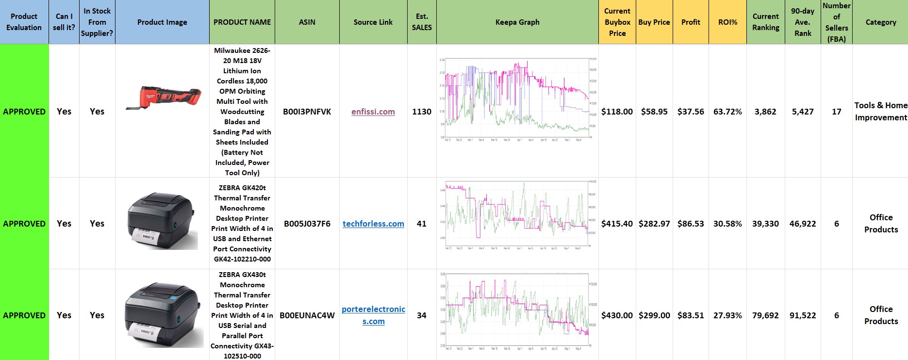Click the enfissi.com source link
click(x=373, y=112)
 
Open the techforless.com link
click(x=373, y=224)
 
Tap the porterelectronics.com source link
click(x=373, y=315)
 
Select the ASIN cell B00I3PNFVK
click(x=307, y=112)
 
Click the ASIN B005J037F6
click(x=307, y=224)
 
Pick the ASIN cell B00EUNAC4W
click(x=307, y=315)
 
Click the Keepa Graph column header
click(x=517, y=22)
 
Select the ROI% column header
click(x=727, y=22)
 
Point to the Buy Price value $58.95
click(x=654, y=112)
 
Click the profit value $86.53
click(x=691, y=224)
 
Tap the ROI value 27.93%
click(x=727, y=315)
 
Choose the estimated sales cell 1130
click(x=422, y=112)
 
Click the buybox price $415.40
click(x=617, y=224)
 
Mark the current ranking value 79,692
click(x=765, y=315)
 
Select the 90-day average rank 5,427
click(x=803, y=112)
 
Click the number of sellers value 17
click(x=836, y=112)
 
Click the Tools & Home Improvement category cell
click(x=880, y=112)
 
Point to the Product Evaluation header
click(x=24, y=22)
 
